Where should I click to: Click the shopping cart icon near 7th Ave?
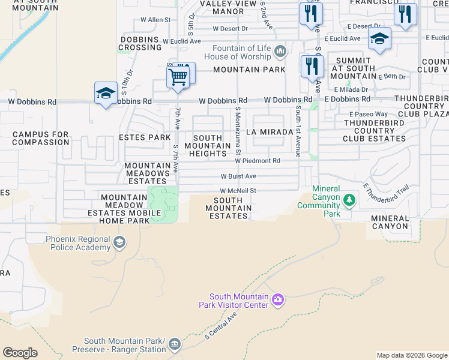click(x=178, y=77)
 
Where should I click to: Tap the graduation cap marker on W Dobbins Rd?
click(x=106, y=94)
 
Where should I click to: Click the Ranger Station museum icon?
click(x=174, y=344)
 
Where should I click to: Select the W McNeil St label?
click(x=238, y=191)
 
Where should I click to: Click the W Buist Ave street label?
click(x=238, y=176)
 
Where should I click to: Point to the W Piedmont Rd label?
click(x=258, y=161)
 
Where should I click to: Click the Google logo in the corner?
click(x=20, y=353)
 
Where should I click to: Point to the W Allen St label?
click(x=155, y=20)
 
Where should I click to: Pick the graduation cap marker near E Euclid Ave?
click(x=379, y=39)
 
